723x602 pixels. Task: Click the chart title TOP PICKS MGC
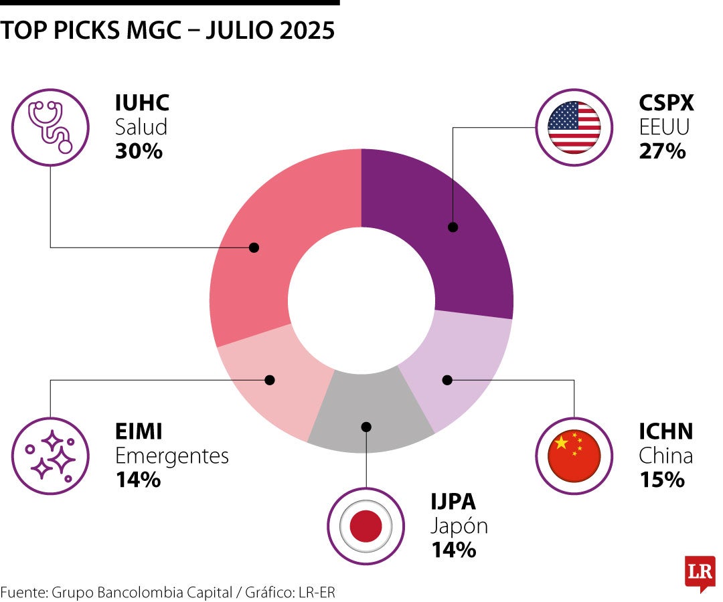click(x=167, y=31)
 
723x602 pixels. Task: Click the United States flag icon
click(x=574, y=127)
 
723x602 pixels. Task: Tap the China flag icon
click(x=574, y=456)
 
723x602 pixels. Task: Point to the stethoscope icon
click(x=50, y=127)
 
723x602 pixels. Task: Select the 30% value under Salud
click(x=139, y=151)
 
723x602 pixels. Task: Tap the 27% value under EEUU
click(x=662, y=151)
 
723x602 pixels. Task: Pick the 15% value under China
click(x=661, y=480)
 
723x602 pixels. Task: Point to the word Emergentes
click(x=172, y=456)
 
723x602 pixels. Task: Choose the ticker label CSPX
click(x=666, y=103)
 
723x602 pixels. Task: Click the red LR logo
click(x=699, y=572)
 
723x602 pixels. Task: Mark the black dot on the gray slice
click(x=366, y=426)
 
